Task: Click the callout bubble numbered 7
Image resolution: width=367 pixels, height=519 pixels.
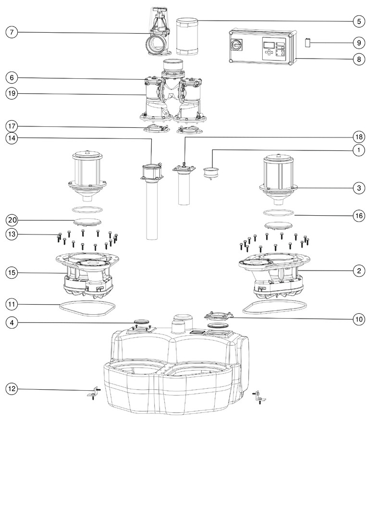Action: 12,32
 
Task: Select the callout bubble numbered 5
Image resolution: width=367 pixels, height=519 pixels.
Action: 358,21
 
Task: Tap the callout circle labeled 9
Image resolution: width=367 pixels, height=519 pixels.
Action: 358,43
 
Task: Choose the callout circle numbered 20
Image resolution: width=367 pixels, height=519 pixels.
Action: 12,220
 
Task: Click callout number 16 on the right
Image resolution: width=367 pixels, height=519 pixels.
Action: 358,216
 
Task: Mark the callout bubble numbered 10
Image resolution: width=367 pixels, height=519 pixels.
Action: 358,318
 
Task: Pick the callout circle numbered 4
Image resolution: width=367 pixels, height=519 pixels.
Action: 12,322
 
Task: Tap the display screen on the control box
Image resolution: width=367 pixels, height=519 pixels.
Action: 269,45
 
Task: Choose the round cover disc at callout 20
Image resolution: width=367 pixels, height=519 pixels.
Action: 87,222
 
